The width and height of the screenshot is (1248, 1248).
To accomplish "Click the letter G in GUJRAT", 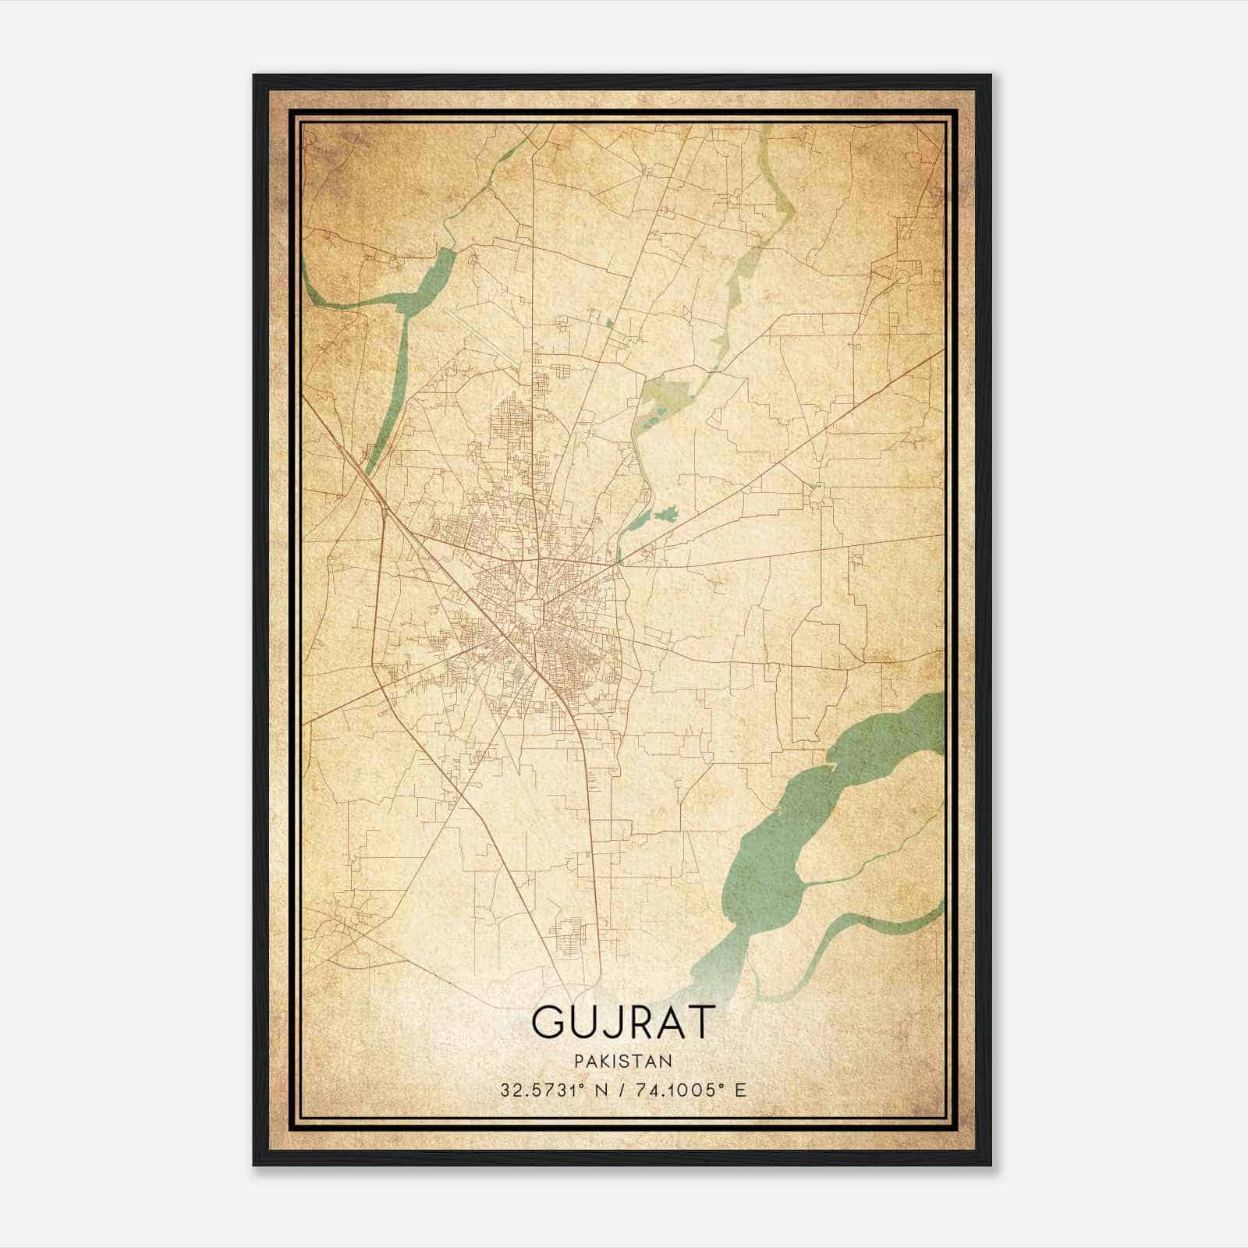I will click(x=549, y=1021).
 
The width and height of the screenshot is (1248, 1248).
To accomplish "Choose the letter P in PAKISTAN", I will click(x=578, y=1061).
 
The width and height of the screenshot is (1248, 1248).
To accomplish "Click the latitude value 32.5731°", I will click(x=544, y=1090).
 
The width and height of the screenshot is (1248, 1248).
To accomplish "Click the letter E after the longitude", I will click(x=740, y=1090).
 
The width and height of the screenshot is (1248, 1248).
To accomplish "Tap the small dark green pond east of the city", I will click(x=665, y=514).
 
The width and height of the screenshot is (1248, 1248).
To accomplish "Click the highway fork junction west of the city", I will click(x=384, y=511).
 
